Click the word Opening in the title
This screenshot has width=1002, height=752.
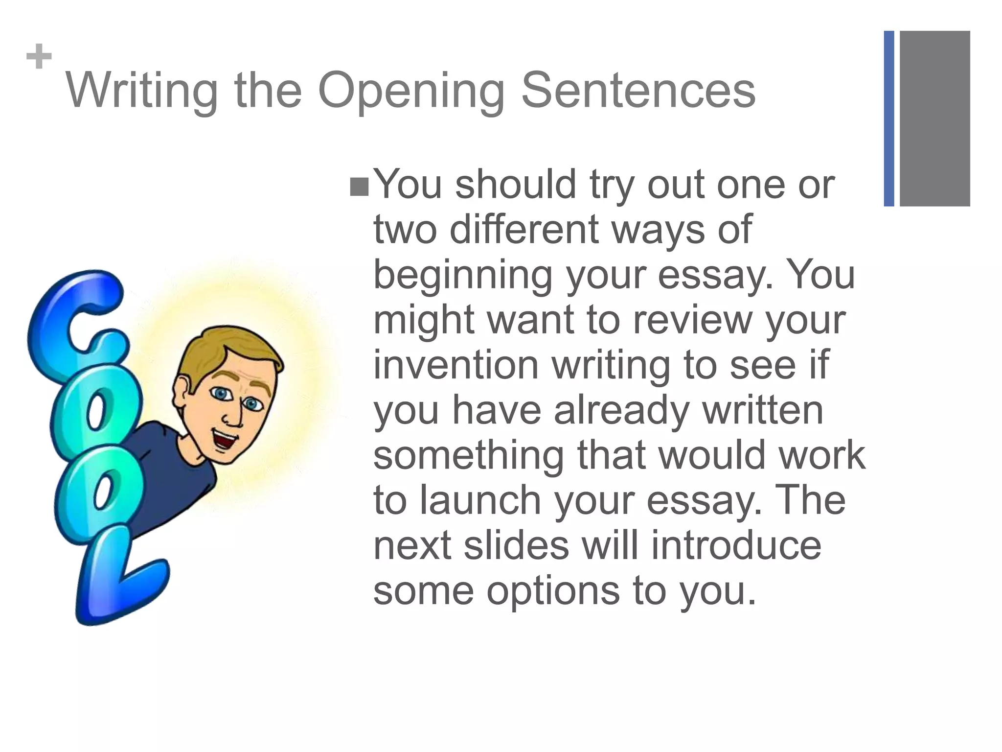point(411,91)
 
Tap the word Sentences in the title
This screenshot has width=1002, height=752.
point(638,91)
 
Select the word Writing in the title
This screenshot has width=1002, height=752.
point(142,91)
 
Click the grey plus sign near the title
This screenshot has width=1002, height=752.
point(39,57)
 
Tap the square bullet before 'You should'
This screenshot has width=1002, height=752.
point(359,187)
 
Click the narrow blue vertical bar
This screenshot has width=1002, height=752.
point(889,118)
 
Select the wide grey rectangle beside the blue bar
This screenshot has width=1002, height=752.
point(934,118)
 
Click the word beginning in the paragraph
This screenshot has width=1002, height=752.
point(463,275)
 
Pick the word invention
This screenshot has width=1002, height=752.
point(456,365)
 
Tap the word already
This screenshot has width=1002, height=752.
point(621,410)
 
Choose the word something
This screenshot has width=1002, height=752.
point(468,455)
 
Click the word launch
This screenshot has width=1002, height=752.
point(480,500)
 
